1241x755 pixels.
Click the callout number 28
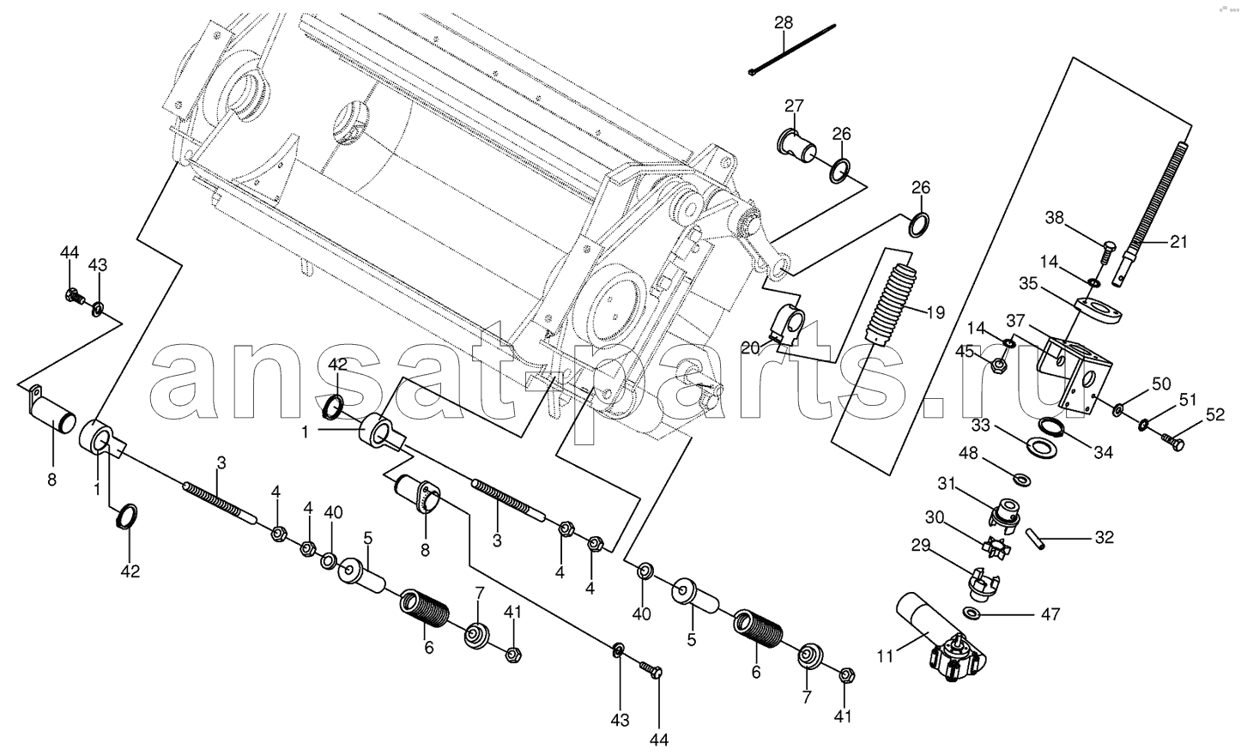pyautogui.click(x=784, y=22)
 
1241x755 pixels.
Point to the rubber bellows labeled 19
pyautogui.click(x=890, y=305)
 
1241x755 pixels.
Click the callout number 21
pyautogui.click(x=1179, y=241)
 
